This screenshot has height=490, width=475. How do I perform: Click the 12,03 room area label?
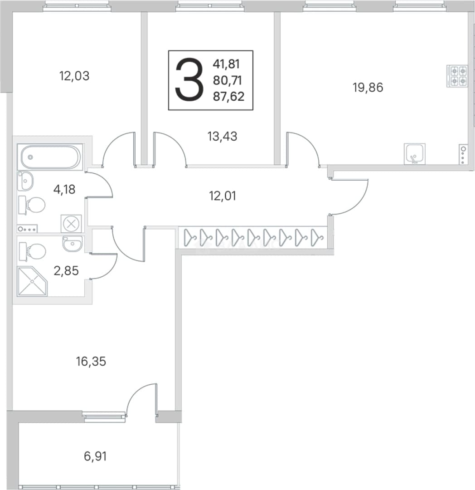click(x=74, y=76)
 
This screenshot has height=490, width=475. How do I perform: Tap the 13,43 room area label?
click(x=222, y=137)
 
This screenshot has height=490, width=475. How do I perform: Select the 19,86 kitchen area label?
click(x=368, y=88)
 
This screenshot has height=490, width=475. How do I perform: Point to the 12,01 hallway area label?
click(x=222, y=196)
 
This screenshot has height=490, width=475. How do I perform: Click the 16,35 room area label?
click(x=91, y=362)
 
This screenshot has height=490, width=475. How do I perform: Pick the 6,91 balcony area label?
click(x=95, y=456)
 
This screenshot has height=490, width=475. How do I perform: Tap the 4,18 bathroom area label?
click(x=64, y=189)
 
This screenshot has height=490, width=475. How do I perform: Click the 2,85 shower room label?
click(x=66, y=270)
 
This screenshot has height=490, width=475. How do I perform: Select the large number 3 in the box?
click(x=189, y=80)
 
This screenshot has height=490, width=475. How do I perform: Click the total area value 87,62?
click(x=228, y=97)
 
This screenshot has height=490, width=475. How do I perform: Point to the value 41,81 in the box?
click(x=226, y=64)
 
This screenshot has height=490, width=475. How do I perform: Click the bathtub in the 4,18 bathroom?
click(x=50, y=157)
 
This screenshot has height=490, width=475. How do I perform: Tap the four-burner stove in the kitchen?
click(x=457, y=76)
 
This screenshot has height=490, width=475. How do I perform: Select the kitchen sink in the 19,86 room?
click(x=414, y=154)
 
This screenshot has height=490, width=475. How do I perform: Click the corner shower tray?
click(x=33, y=281)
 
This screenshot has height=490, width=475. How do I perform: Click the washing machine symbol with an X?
click(x=71, y=224)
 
